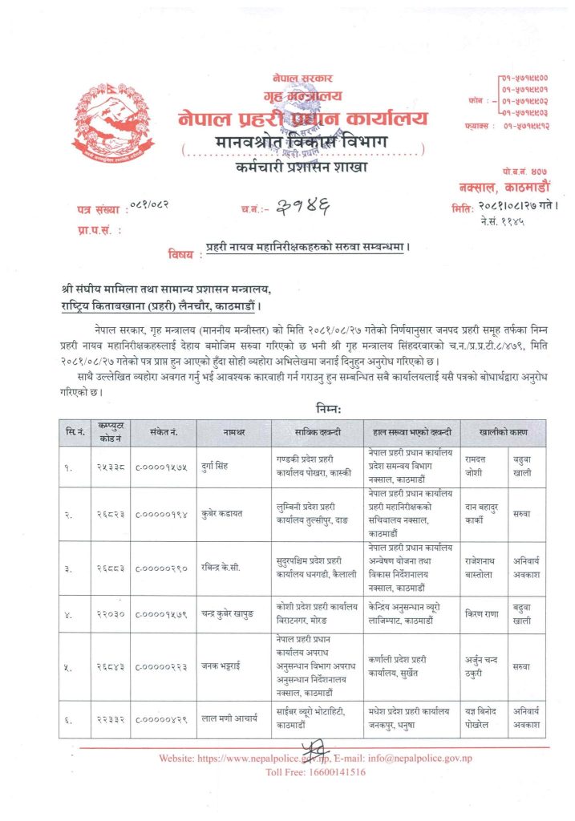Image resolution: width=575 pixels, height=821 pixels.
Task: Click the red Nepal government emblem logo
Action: point(111,126)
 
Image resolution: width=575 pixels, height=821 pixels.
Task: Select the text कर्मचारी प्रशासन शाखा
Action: point(302,168)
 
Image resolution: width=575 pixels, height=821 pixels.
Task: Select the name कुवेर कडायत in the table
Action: point(228,511)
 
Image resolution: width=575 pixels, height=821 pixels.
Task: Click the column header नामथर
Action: point(233,433)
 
